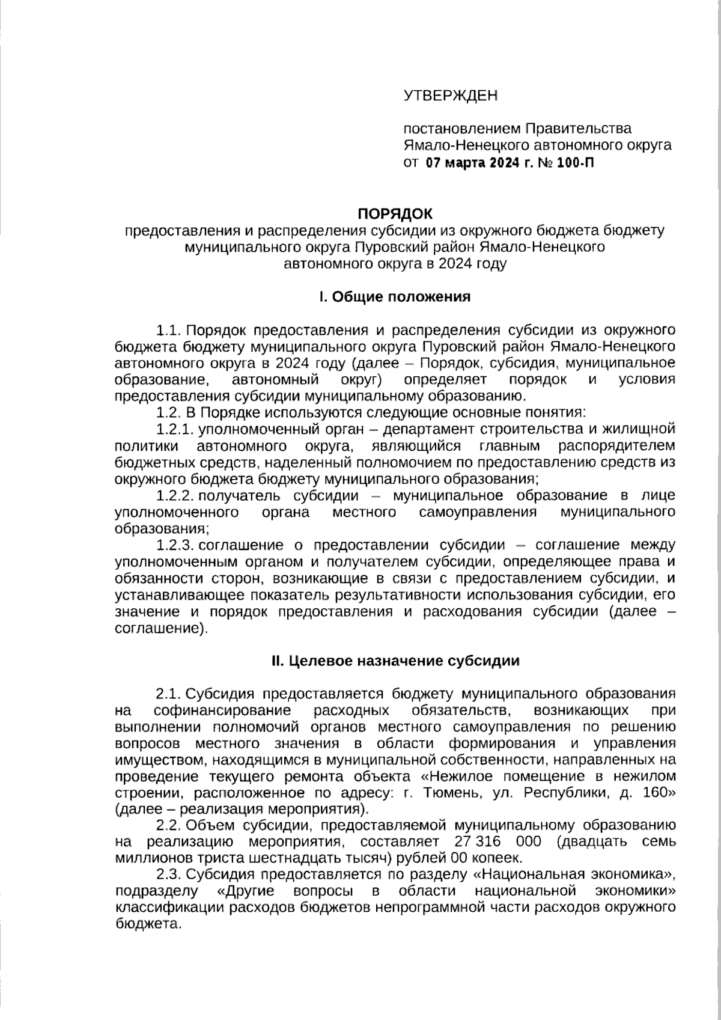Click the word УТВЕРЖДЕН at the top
(451, 96)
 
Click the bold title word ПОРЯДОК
(395, 214)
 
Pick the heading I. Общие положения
(395, 297)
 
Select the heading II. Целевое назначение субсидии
(395, 661)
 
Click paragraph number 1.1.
(168, 331)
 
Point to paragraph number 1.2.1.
(174, 429)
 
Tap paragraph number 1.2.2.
(174, 496)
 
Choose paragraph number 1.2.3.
(174, 545)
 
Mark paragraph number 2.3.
(168, 874)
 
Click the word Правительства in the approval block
(579, 129)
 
